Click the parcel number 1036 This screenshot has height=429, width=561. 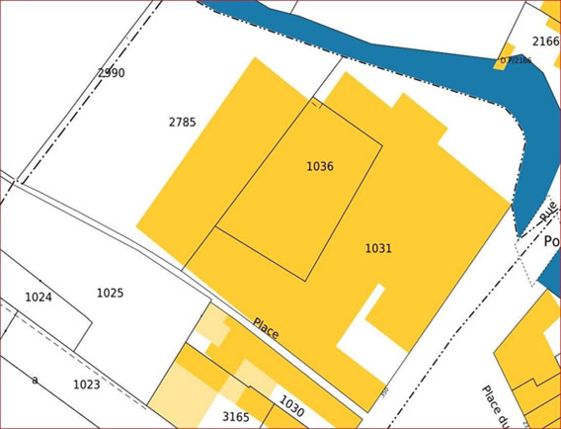tap(319, 166)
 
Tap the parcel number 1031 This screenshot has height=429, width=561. tap(378, 248)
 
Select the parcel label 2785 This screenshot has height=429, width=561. tap(182, 123)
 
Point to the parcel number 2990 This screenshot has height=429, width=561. tap(111, 73)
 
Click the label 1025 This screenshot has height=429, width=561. tap(110, 293)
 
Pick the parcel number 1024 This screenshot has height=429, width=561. tap(39, 297)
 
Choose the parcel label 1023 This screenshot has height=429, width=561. tap(87, 384)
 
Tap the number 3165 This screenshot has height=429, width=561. tap(235, 417)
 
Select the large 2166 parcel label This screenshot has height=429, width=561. tap(545, 42)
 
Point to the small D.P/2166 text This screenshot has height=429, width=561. tap(516, 60)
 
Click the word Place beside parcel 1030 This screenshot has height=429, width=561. tap(266, 328)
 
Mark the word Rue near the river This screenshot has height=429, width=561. tap(548, 210)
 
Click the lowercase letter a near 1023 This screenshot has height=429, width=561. tap(35, 379)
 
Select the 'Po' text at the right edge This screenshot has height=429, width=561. tap(552, 241)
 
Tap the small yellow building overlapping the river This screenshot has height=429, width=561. tap(505, 50)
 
